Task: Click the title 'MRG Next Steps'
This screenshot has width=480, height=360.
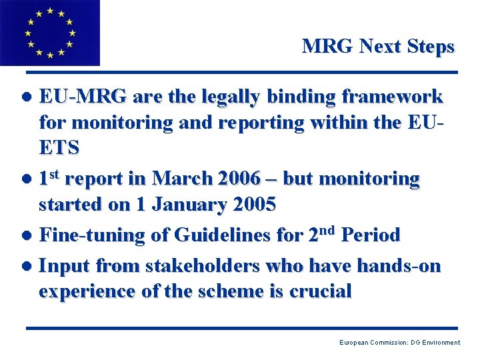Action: (378, 47)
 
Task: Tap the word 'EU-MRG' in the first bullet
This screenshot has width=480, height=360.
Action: (83, 97)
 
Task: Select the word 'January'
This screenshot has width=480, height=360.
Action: (185, 204)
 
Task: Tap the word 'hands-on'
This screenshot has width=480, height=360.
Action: (399, 266)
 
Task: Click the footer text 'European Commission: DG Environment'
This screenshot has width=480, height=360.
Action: (399, 343)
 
